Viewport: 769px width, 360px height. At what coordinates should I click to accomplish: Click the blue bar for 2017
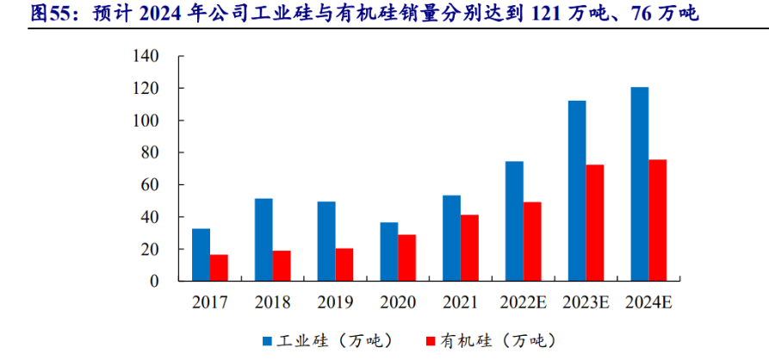201,255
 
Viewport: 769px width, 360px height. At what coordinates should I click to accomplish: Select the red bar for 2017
219,268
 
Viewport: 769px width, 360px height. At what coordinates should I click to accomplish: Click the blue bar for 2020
389,251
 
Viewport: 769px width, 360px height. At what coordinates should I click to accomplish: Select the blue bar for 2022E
514,221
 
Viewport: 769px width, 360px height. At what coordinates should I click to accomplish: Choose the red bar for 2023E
595,223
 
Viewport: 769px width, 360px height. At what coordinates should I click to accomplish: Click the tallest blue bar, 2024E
640,184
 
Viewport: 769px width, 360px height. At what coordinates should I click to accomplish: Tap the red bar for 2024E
658,220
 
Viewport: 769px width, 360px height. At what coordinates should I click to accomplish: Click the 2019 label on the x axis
335,302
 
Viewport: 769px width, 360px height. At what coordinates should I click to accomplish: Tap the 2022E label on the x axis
523,302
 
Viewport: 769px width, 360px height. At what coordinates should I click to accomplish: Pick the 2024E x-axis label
648,302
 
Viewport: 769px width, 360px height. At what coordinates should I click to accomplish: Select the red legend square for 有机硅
431,340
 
